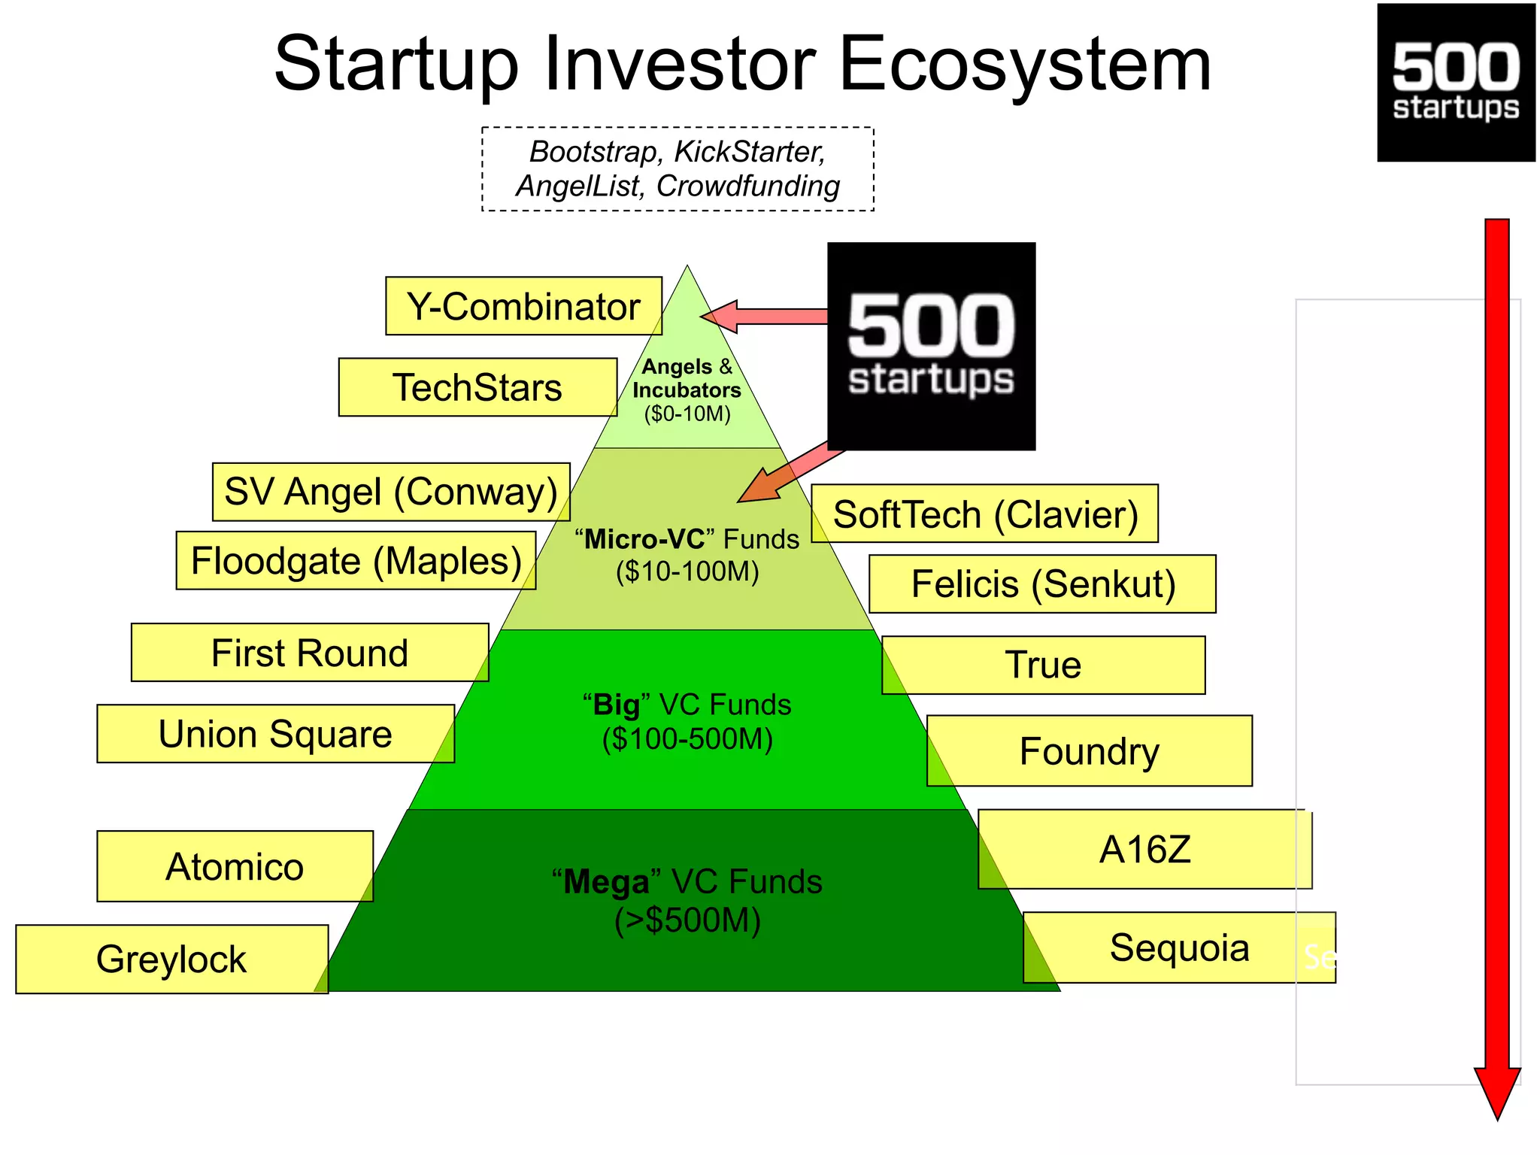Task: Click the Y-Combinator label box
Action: pyautogui.click(x=523, y=306)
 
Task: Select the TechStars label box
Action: pyautogui.click(x=477, y=387)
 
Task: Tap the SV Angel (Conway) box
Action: pyautogui.click(x=391, y=492)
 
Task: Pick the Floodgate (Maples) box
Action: pyautogui.click(x=356, y=561)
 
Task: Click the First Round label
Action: pyautogui.click(x=310, y=653)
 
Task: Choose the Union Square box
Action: pyautogui.click(x=275, y=734)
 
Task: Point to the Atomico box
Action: pyautogui.click(x=235, y=866)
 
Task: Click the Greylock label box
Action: pyautogui.click(x=171, y=959)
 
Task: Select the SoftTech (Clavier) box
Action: pyautogui.click(x=985, y=514)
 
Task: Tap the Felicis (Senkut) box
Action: pyautogui.click(x=1043, y=584)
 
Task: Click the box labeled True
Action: pyautogui.click(x=1044, y=665)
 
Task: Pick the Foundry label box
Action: pyautogui.click(x=1090, y=751)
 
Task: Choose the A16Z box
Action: pyautogui.click(x=1144, y=850)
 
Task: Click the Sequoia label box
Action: pyautogui.click(x=1179, y=947)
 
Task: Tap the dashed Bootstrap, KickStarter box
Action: pyautogui.click(x=678, y=169)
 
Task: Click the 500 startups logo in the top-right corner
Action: pyautogui.click(x=1456, y=83)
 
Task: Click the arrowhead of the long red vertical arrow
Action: pyautogui.click(x=1497, y=1090)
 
